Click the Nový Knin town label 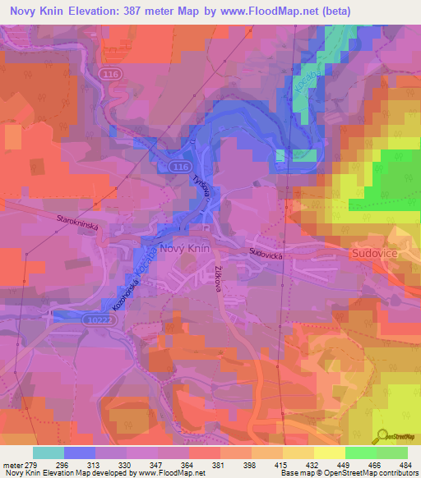[186, 248]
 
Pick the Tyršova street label [201, 188]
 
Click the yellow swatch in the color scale [329, 453]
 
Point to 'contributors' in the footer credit [396, 474]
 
